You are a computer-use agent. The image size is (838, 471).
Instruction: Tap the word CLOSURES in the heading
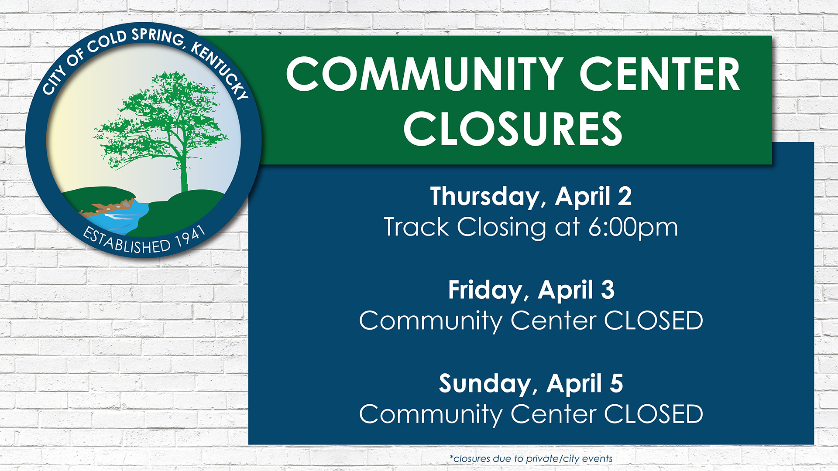pos(513,129)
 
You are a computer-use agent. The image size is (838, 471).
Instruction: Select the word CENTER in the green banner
pos(659,74)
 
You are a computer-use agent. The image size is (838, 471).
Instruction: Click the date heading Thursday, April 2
pos(531,197)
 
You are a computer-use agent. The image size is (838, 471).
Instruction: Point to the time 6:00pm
pos(633,228)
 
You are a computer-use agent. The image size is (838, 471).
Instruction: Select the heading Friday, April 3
pos(531,291)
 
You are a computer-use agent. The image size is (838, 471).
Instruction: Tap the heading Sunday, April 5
pos(531,384)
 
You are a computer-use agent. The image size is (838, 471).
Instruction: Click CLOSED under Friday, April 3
pos(653,321)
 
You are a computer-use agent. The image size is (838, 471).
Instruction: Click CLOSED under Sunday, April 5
pos(653,414)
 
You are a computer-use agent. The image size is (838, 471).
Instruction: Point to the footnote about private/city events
pos(531,459)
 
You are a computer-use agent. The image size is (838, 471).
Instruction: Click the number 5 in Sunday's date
pos(616,383)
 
